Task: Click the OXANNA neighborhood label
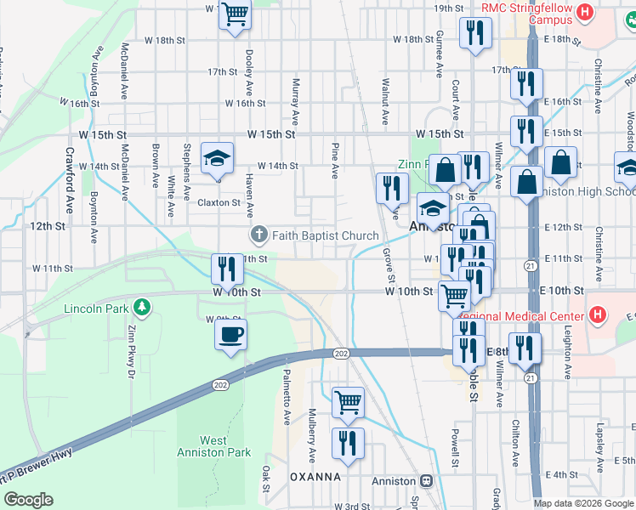tap(315, 477)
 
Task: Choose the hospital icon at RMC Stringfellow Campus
tap(584, 13)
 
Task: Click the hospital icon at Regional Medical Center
tap(599, 315)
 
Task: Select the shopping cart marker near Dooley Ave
tap(235, 14)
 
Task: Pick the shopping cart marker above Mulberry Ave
tap(348, 401)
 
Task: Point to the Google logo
tap(28, 500)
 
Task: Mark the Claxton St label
tap(219, 203)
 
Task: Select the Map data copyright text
tap(582, 503)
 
